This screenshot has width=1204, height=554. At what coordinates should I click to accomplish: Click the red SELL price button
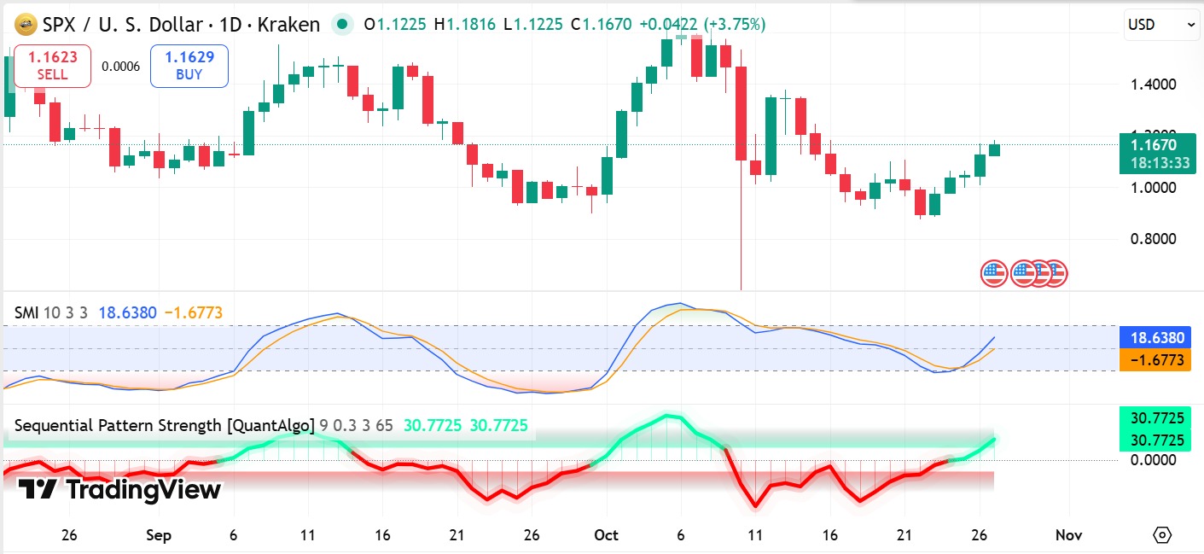(x=52, y=66)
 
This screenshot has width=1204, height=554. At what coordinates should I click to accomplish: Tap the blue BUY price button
(x=189, y=66)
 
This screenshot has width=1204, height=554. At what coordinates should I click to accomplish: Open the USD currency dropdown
(x=1162, y=25)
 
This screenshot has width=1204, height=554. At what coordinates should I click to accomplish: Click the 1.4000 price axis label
(x=1152, y=85)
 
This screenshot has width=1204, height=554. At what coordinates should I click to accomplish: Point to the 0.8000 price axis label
(x=1152, y=239)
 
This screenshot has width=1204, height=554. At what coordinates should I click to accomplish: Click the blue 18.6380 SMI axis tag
(x=1157, y=338)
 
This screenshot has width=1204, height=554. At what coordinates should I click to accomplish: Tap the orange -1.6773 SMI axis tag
(x=1157, y=360)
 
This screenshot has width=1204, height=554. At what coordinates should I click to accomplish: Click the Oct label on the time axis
(x=606, y=535)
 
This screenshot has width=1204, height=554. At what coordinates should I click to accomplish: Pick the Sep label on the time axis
(x=159, y=535)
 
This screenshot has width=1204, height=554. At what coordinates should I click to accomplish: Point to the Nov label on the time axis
(x=1068, y=535)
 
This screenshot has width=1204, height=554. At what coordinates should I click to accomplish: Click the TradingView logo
(x=119, y=490)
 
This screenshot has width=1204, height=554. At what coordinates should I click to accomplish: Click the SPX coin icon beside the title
(x=26, y=25)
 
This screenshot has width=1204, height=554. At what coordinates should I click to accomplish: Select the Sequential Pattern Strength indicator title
(x=163, y=425)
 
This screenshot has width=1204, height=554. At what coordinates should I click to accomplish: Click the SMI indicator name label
(x=26, y=313)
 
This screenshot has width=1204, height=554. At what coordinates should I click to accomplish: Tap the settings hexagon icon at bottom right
(x=1162, y=535)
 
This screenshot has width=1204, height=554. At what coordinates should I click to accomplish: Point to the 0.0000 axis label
(x=1152, y=460)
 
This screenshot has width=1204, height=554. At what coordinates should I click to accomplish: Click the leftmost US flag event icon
(x=993, y=273)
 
